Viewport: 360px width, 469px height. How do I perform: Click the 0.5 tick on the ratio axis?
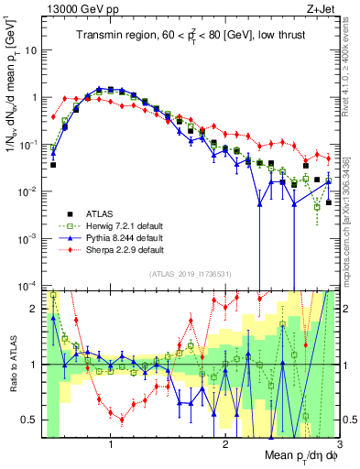(30, 420)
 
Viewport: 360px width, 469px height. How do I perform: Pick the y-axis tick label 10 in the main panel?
(30, 49)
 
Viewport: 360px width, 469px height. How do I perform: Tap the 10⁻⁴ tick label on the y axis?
(29, 285)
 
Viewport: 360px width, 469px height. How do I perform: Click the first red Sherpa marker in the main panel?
(53, 116)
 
